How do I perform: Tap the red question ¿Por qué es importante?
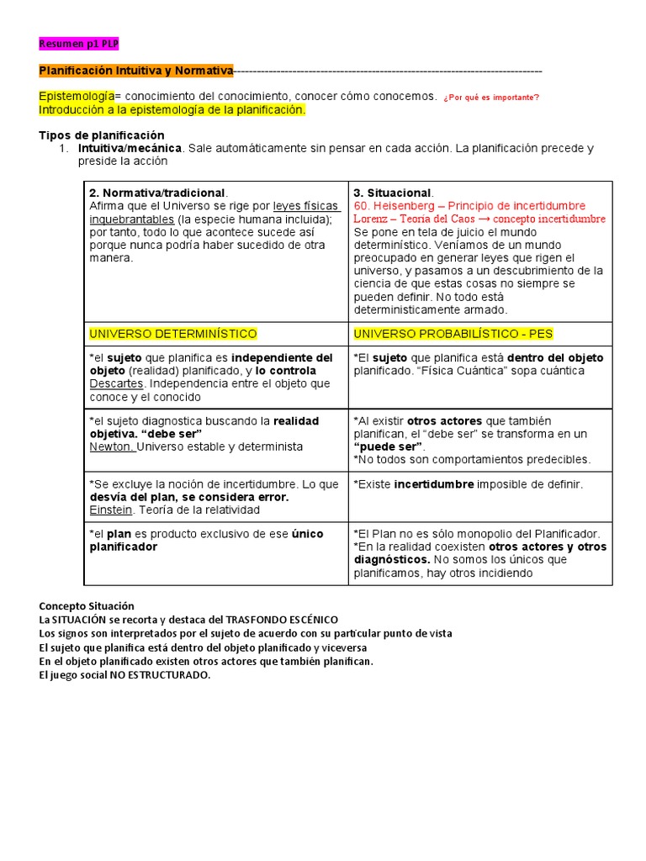490,98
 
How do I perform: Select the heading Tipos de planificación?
102,135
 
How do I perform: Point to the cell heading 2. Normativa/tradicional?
157,193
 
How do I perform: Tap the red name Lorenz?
373,219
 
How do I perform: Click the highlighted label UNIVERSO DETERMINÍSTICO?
173,334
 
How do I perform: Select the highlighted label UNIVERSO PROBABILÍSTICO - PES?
453,334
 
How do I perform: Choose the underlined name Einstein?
111,510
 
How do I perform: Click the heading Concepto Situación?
87,606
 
